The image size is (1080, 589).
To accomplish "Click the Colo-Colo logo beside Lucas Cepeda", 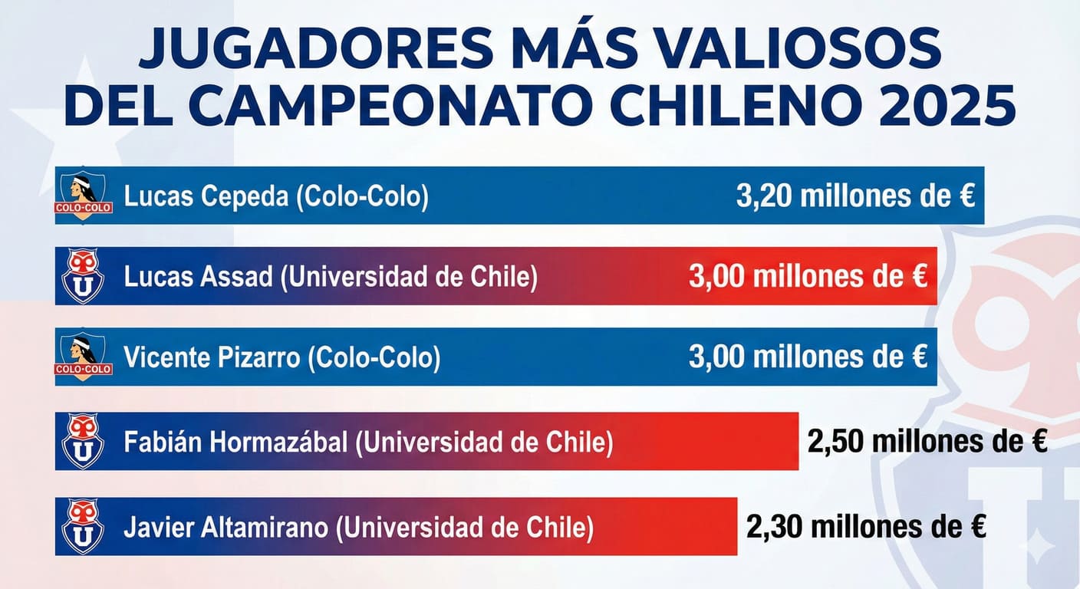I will pyautogui.click(x=84, y=196).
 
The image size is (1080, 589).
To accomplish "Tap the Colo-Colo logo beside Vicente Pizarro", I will pyautogui.click(x=84, y=357).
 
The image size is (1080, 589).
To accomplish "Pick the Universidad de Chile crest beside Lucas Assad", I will pyautogui.click(x=83, y=276).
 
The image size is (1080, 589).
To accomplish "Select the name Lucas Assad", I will pyautogui.click(x=198, y=277).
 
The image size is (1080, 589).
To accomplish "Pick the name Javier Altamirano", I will pyautogui.click(x=227, y=528).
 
